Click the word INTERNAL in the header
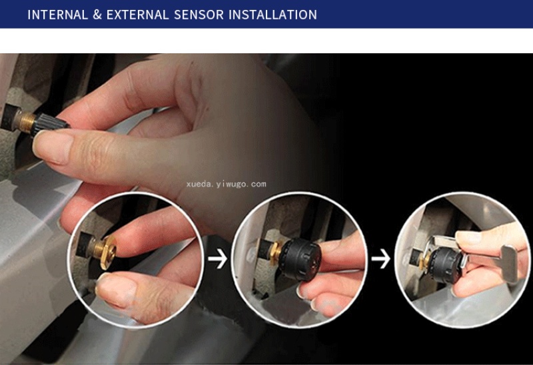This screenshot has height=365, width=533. (x=57, y=15)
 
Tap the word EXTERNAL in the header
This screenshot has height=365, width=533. (x=138, y=15)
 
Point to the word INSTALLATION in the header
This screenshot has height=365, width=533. (x=273, y=15)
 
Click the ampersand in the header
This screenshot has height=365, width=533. (x=97, y=15)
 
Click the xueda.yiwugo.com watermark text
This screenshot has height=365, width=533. (x=226, y=184)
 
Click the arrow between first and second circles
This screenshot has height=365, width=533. (x=218, y=258)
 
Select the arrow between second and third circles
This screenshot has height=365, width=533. (x=380, y=258)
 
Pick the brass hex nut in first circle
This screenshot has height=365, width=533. (x=106, y=251)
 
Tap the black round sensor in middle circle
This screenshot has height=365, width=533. (x=301, y=259)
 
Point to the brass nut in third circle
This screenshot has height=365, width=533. (x=425, y=261)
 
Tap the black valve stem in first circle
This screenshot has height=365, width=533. (x=85, y=244)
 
